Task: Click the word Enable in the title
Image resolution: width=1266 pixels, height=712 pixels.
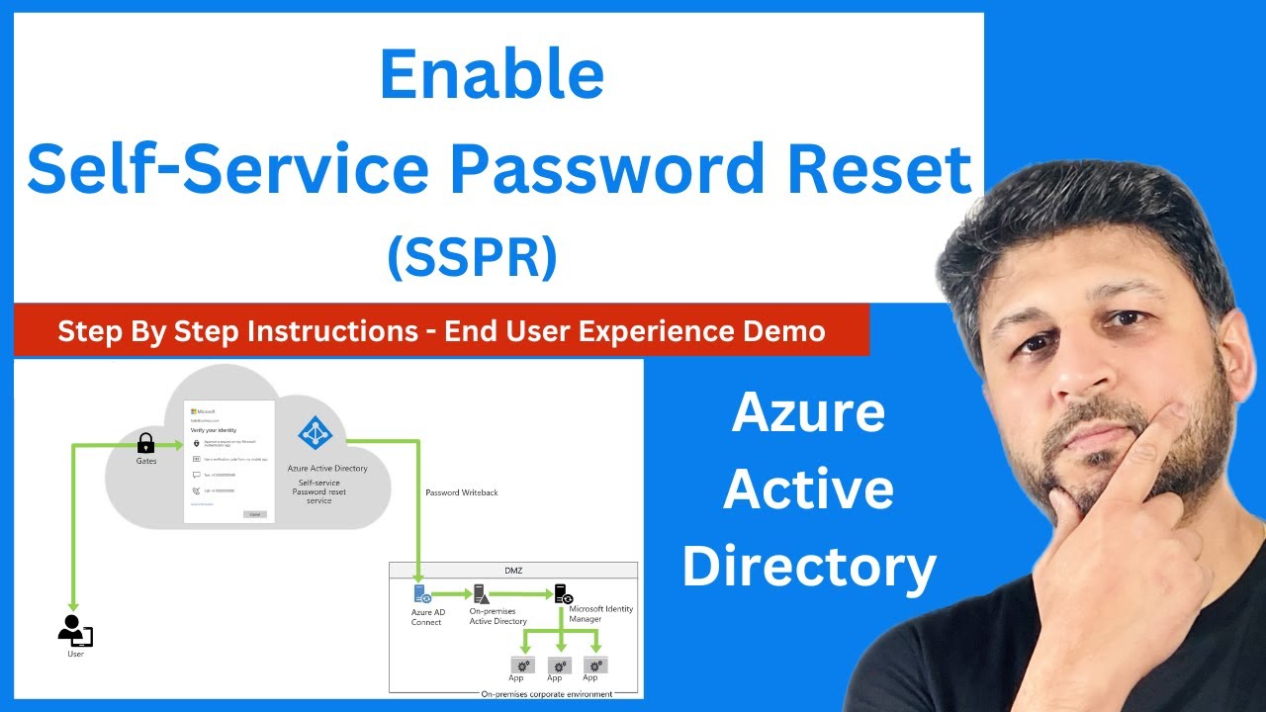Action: point(492,75)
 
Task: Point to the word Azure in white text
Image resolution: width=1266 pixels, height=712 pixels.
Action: point(808,412)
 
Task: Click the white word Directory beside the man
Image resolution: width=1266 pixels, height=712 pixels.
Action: point(808,567)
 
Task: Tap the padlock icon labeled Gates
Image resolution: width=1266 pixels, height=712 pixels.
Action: point(145,443)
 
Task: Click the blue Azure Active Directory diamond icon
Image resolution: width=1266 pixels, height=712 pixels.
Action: point(316,433)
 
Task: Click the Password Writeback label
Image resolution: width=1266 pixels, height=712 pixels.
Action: point(461,492)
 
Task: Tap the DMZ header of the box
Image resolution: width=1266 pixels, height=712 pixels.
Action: point(512,571)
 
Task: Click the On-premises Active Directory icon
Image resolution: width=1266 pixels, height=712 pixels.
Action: point(482,594)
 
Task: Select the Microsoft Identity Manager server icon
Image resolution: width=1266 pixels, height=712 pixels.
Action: point(563,594)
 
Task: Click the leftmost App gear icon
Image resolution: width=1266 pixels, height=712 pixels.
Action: point(521,665)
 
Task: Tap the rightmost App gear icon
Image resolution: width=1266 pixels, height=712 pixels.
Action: point(594,665)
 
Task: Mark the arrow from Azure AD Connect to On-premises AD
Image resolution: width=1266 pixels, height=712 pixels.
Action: point(451,594)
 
